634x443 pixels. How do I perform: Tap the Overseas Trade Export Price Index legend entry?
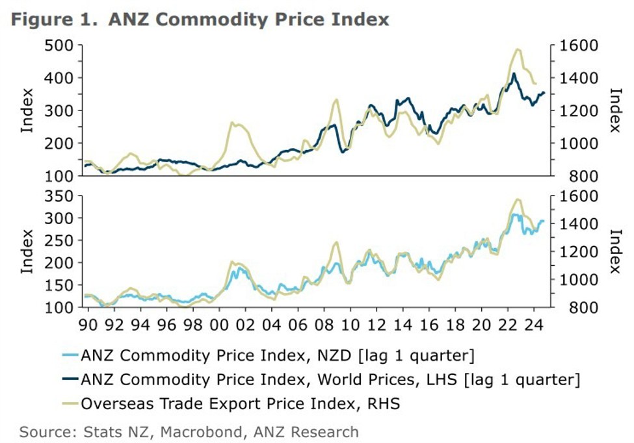click(240, 403)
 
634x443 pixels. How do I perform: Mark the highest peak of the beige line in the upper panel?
click(518, 49)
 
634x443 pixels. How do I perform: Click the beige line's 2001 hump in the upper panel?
click(237, 123)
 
